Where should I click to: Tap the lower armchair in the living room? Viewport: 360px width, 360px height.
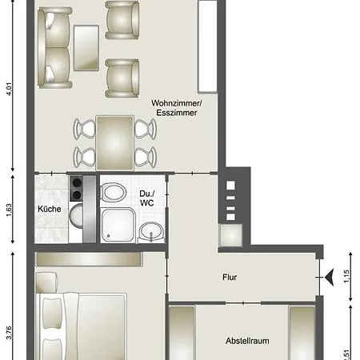122,76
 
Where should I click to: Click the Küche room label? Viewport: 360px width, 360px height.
50,210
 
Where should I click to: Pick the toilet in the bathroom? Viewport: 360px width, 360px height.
114,193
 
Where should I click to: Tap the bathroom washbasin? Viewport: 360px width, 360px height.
149,233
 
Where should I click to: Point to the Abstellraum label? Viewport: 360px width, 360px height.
247,340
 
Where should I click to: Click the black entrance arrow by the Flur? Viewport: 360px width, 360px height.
328,277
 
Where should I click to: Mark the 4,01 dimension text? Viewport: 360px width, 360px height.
9,87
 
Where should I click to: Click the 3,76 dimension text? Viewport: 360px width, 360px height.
9,333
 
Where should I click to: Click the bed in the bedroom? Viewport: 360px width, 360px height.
80,328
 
